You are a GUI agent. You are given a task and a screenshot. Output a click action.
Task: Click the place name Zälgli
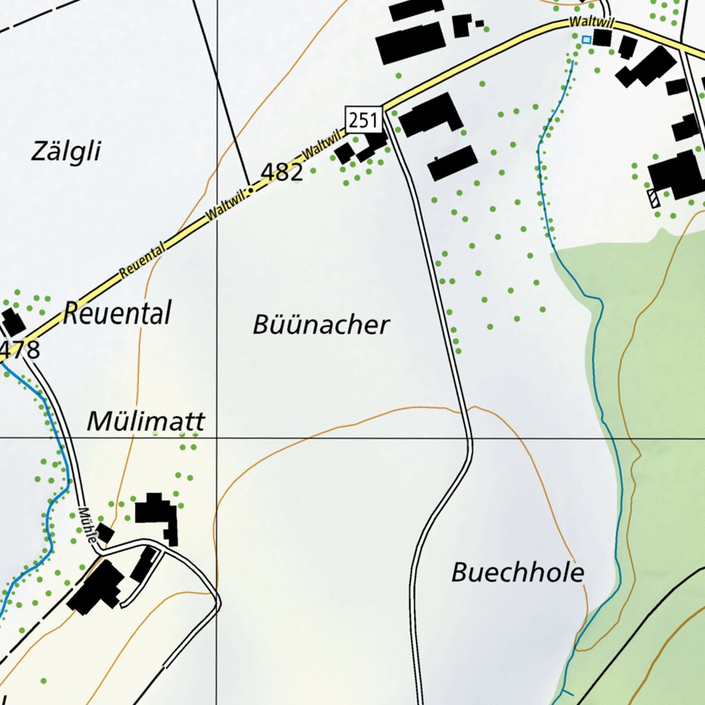66,151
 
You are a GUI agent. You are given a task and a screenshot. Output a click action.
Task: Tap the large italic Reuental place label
116,314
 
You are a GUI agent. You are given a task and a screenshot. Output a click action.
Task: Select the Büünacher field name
321,325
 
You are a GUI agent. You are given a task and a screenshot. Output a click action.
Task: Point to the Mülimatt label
146,421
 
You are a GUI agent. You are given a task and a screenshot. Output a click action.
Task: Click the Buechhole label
518,572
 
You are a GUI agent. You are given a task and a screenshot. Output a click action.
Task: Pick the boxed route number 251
364,120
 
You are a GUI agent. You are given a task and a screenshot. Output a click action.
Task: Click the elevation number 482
282,172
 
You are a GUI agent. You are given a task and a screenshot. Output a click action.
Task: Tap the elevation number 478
21,350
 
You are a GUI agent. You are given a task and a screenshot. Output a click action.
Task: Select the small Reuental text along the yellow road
143,260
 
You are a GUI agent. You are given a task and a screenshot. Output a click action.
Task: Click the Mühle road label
87,527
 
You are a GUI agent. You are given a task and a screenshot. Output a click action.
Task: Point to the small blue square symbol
586,40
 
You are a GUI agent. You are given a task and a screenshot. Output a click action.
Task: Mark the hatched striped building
653,198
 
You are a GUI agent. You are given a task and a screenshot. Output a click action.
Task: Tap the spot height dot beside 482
251,187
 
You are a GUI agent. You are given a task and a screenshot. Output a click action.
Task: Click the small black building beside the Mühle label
105,533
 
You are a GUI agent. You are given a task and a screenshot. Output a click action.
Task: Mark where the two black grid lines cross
218,437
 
